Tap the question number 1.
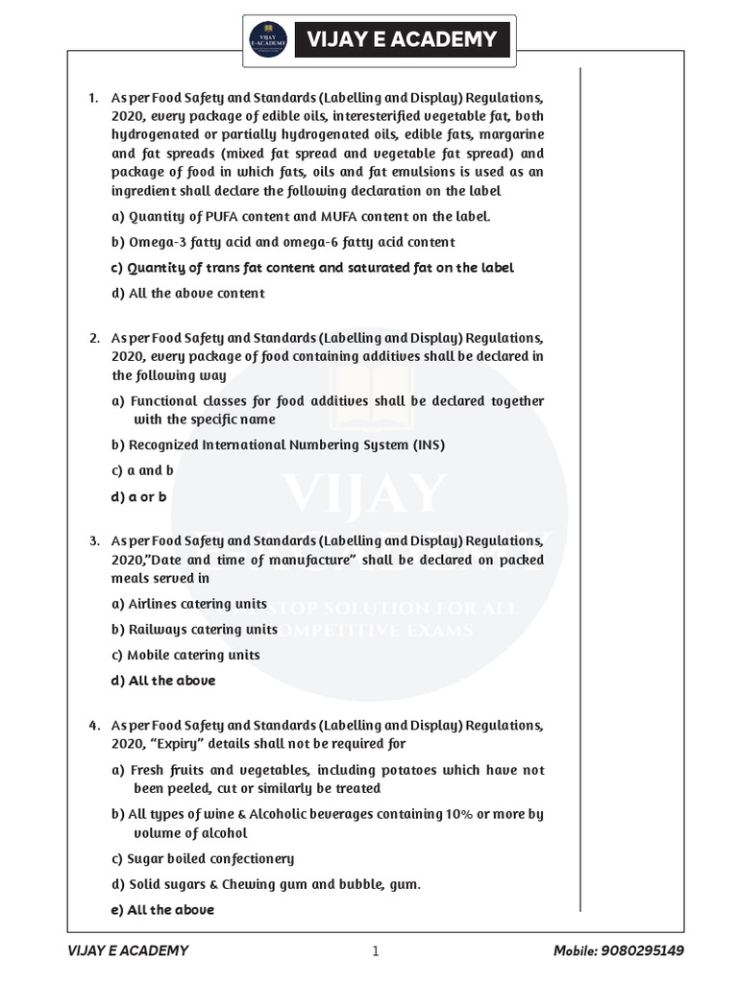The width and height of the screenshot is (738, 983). pos(93,98)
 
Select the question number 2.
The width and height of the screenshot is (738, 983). pos(94,338)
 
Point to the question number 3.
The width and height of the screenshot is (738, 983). pos(94,541)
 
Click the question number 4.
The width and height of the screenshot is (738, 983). pos(94,726)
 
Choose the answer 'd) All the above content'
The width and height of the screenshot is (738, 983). pos(188,293)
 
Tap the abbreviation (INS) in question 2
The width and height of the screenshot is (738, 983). pos(427,445)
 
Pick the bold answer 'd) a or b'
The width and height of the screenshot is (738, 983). pos(139,496)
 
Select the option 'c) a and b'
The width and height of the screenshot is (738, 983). pos(143,470)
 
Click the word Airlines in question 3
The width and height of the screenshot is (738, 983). pos(160,604)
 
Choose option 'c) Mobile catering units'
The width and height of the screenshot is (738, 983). pos(186,655)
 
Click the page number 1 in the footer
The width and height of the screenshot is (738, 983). pos(376,951)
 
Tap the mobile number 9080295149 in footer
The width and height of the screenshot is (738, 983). pos(658,951)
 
